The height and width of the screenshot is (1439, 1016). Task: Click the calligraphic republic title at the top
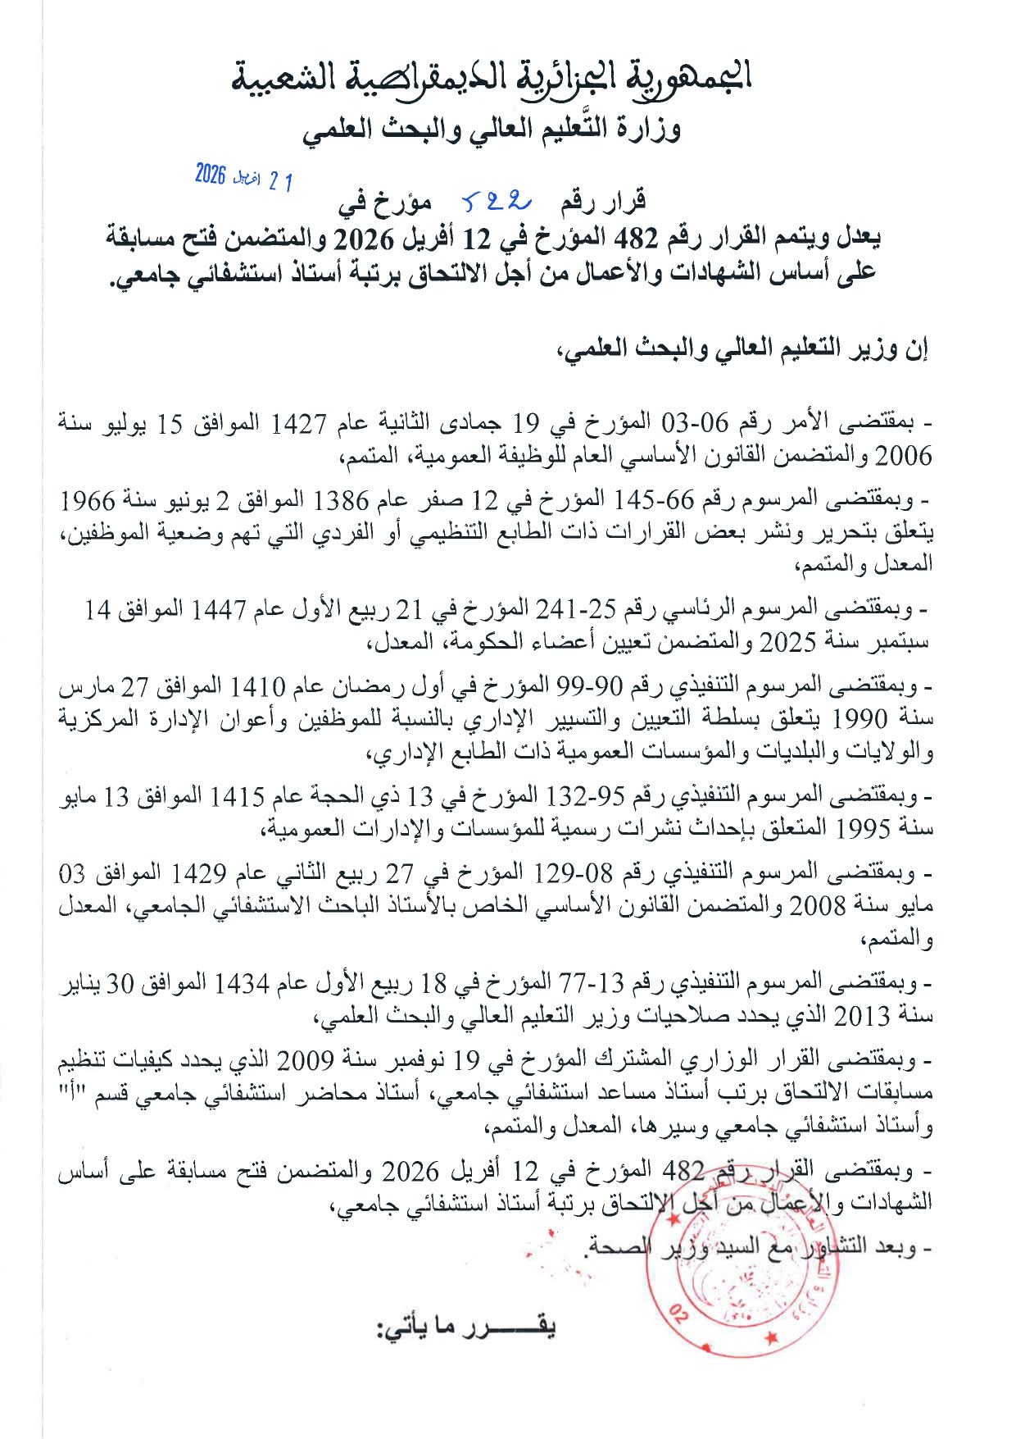492,77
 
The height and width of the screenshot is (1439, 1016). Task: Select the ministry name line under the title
492,130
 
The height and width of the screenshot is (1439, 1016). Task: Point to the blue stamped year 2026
211,174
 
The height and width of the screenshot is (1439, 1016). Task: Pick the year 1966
88,499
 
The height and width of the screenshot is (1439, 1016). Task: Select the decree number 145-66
651,499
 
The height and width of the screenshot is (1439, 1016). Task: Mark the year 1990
860,719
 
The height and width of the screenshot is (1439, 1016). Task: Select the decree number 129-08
574,872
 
